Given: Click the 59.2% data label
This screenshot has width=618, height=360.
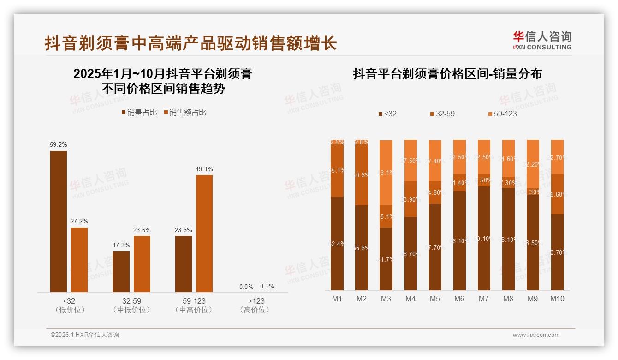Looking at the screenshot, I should tap(59, 145).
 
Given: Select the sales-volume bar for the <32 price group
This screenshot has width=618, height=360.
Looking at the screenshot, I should tap(59, 222).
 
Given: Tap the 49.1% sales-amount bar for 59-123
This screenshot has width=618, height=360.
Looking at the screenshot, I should tap(204, 233).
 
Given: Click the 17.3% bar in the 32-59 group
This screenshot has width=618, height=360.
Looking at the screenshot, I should tap(121, 271).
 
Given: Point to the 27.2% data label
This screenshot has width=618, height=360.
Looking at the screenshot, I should tap(79, 222).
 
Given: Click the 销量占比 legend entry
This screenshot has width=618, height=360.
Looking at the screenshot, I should tap(139, 113).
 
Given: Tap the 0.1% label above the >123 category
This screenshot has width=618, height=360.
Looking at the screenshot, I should tap(267, 287).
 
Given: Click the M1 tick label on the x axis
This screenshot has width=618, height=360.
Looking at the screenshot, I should tap(337, 299).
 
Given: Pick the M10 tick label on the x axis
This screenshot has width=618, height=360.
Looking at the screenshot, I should tap(557, 299).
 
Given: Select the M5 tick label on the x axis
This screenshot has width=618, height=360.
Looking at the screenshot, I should tap(435, 299).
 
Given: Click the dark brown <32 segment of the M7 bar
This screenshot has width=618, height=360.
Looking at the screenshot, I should tap(484, 238).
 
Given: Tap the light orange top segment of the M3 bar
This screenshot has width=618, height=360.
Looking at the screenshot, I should tap(386, 173).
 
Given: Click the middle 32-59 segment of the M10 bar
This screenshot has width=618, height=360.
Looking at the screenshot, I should tap(557, 194).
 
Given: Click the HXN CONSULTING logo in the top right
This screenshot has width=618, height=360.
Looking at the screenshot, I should tap(542, 41).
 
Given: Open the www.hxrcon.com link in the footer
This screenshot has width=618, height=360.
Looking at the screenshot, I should tap(536, 335).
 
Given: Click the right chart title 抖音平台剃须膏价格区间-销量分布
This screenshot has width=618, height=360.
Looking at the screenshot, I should tap(447, 74).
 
